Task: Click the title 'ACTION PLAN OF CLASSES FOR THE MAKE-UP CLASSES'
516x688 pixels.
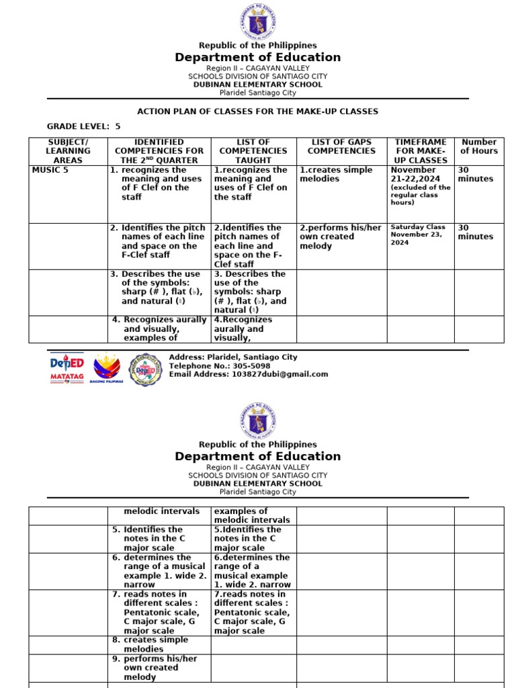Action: tap(257, 112)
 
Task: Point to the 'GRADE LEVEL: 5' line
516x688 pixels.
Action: tap(83, 126)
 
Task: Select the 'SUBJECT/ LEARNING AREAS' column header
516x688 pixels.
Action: tap(68, 151)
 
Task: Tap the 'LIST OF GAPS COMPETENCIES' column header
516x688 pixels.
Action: tap(341, 146)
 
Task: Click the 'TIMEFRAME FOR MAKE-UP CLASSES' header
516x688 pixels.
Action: tap(421, 151)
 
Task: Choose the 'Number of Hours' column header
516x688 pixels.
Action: tap(478, 146)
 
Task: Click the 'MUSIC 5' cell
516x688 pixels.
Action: tap(50, 170)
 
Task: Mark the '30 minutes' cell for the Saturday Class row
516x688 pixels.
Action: tap(475, 232)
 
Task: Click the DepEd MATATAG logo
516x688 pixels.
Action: tap(67, 368)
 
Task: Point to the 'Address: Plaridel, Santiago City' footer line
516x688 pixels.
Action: tap(232, 357)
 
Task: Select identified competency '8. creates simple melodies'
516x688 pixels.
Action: tap(159, 645)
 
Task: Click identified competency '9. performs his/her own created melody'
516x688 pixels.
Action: tap(159, 668)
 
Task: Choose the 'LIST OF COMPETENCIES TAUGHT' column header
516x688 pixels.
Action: tap(253, 151)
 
